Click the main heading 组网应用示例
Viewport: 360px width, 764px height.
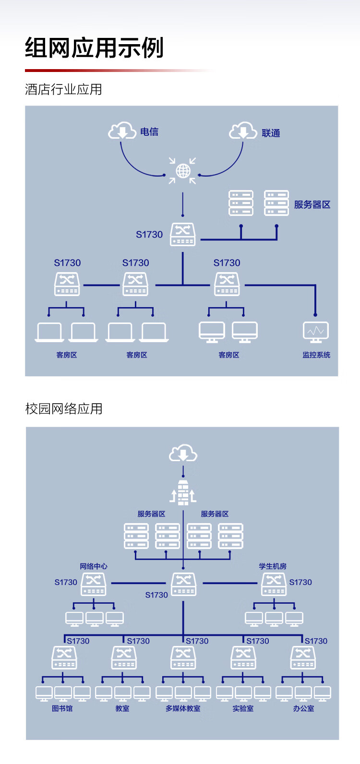[x=94, y=48]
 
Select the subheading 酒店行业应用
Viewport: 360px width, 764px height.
[x=63, y=89]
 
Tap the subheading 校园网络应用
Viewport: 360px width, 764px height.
[x=64, y=409]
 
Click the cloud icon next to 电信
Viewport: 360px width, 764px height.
[x=122, y=131]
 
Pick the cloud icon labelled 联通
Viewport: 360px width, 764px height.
[x=243, y=131]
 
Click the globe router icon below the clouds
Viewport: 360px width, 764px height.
[x=183, y=170]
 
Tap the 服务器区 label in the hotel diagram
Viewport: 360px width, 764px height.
[x=312, y=205]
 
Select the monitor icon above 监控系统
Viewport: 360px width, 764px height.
[x=316, y=332]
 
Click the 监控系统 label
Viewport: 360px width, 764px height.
[x=316, y=355]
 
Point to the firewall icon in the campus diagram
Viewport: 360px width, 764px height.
[x=183, y=492]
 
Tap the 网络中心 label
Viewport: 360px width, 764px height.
[x=94, y=566]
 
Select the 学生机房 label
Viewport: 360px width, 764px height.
[x=273, y=566]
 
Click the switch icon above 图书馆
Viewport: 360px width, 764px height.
[x=64, y=657]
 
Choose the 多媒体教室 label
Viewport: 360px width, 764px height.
[x=183, y=708]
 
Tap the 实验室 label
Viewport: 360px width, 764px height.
[x=243, y=708]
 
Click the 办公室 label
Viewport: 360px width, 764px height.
[x=303, y=708]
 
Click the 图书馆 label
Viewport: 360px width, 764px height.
[x=62, y=708]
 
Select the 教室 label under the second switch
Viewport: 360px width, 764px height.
[x=122, y=708]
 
